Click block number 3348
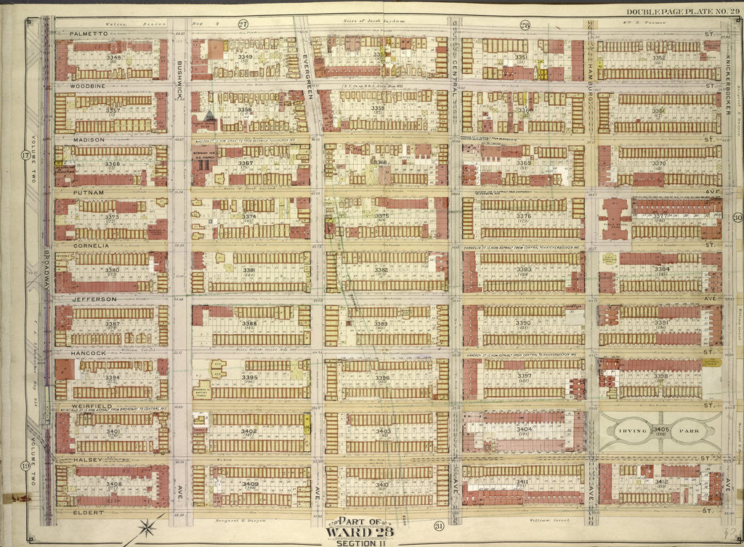(x=113, y=57)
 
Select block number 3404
(x=524, y=430)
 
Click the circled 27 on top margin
(x=243, y=23)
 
